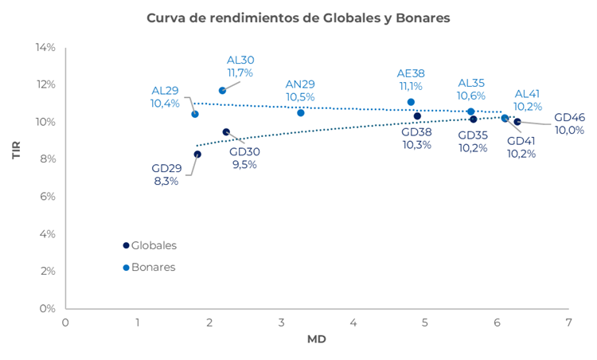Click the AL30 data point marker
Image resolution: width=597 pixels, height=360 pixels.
tap(223, 91)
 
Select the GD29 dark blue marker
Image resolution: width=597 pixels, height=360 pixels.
tap(197, 155)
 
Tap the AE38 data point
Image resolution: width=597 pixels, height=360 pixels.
tap(411, 102)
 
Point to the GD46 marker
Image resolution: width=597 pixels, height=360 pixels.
tap(517, 122)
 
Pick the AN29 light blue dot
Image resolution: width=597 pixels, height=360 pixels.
tap(301, 113)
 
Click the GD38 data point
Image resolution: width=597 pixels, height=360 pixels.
tap(417, 116)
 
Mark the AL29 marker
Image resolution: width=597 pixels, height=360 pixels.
tap(195, 114)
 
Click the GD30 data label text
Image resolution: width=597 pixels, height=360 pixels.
tap(244, 158)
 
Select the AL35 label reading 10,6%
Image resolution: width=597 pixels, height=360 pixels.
tap(471, 89)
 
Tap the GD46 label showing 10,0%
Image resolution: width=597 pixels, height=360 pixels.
tap(569, 123)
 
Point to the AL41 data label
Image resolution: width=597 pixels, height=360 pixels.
tap(528, 100)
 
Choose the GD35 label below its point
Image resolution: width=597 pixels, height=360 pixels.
tap(473, 141)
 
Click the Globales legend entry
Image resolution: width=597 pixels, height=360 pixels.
tap(154, 245)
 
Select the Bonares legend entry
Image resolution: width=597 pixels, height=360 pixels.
tap(153, 268)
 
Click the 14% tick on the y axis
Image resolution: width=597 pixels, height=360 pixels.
tap(45, 48)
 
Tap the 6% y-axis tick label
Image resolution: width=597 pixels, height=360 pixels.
tap(48, 197)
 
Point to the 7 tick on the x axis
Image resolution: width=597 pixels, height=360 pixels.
tap(568, 323)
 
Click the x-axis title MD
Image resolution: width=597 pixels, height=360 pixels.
tap(316, 340)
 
